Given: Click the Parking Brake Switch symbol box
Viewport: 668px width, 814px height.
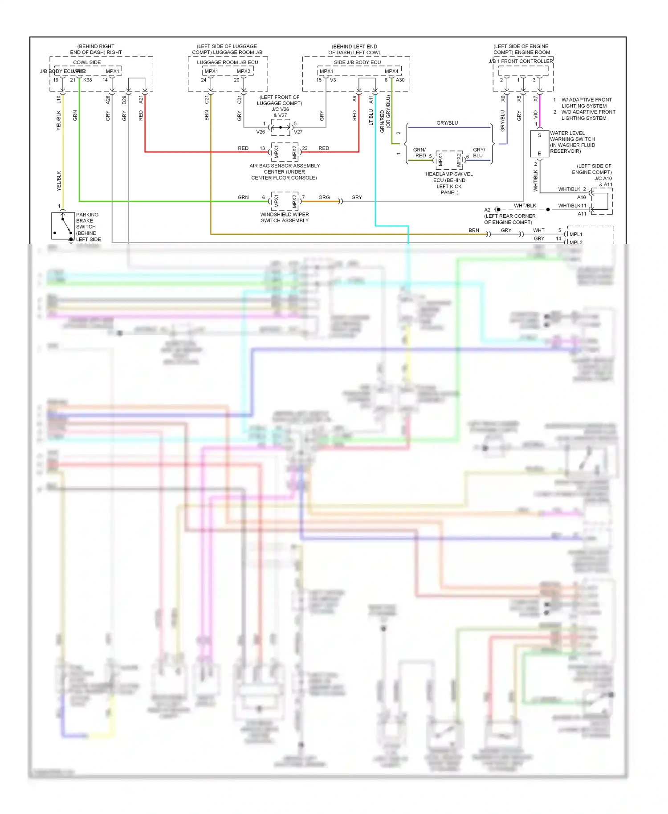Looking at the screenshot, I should pos(63,226).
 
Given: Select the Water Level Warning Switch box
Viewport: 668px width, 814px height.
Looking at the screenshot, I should pos(539,144).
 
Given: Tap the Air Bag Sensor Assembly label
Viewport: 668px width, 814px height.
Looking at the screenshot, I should pos(285,171).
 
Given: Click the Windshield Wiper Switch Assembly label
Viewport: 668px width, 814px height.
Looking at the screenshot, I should pos(285,217).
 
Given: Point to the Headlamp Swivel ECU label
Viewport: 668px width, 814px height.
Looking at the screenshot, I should pos(449,183).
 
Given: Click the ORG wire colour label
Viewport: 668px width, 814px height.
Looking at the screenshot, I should pos(324,197).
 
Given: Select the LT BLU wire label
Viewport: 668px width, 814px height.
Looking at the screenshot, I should pos(371,117).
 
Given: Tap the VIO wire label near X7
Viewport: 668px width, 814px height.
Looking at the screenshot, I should pos(535,114).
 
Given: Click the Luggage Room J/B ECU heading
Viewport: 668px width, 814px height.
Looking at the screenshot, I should pos(228,62).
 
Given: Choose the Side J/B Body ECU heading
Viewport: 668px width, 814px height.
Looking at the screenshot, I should pos(357,62).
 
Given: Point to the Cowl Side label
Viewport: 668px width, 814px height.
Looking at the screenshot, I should pos(87,62).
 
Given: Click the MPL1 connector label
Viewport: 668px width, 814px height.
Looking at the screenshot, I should pos(576,234).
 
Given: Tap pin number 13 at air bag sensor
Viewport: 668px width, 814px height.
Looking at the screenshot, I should pos(262,148).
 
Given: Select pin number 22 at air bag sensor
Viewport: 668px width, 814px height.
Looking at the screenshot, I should pos(305,148).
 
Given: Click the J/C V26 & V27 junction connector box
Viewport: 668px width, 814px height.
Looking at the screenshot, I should pos(281,127).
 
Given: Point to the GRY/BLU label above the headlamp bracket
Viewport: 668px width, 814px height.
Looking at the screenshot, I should pos(447,123).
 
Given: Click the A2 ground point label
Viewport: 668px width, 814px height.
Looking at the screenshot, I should pos(487,210).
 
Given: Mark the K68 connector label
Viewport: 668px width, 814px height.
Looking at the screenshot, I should pos(88,80).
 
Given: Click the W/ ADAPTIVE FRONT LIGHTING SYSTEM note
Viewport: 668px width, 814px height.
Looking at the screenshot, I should pos(586,103).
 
